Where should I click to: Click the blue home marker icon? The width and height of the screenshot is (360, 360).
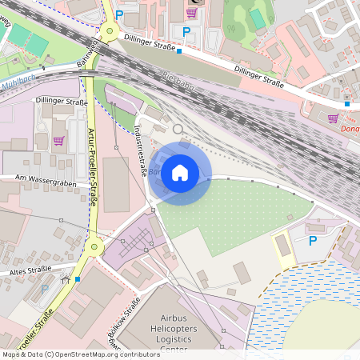tap(180, 173)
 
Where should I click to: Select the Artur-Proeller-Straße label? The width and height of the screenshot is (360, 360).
tap(92, 166)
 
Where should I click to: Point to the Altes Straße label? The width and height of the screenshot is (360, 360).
tap(30, 271)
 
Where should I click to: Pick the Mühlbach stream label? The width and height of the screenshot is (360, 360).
tap(18, 83)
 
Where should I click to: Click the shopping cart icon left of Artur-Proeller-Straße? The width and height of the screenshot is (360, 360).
tap(58, 140)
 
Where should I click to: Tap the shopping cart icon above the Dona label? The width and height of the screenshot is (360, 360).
tap(333, 118)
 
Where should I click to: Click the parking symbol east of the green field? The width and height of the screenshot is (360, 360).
tap(313, 240)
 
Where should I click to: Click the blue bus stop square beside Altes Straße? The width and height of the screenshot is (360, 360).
tap(78, 279)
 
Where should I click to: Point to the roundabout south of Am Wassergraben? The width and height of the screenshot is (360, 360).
tap(95, 247)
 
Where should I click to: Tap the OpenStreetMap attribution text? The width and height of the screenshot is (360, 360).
tap(80, 354)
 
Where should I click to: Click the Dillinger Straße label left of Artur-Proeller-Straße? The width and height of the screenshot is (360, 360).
tap(62, 102)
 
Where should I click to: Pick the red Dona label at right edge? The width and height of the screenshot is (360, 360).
tap(350, 128)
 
